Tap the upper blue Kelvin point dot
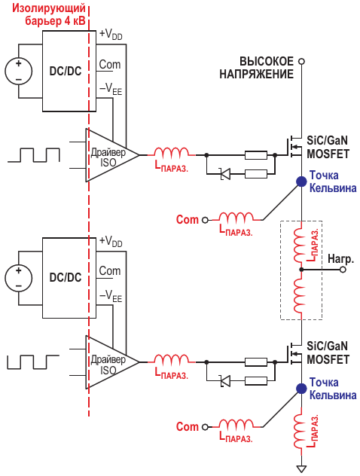click(301, 182)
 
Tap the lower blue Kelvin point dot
click(301, 389)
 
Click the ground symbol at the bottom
click(301, 469)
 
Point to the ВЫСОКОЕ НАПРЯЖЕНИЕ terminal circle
click(301, 61)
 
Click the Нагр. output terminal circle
click(343, 270)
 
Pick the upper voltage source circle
click(19, 72)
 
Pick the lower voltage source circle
click(19, 279)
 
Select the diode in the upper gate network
click(225, 174)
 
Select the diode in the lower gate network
click(225, 380)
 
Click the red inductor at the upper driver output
click(172, 152)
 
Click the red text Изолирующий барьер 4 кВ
click(49, 14)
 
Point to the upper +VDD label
click(111, 35)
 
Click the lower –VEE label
click(111, 296)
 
